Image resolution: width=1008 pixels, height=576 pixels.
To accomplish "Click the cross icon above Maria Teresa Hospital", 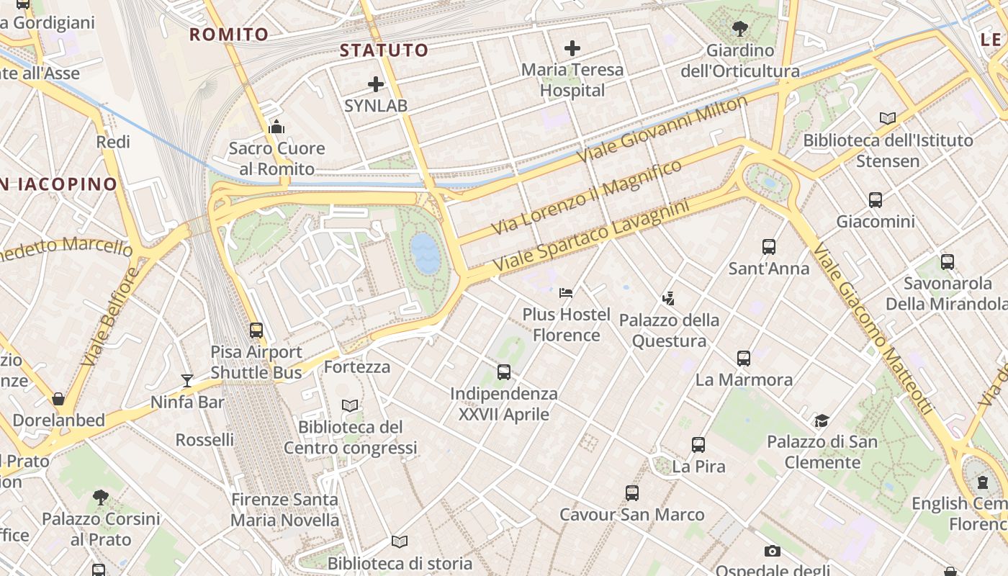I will (572, 48).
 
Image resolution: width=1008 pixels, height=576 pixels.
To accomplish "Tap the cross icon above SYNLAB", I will (376, 84).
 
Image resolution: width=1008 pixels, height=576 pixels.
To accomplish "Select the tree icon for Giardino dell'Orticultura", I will (739, 29).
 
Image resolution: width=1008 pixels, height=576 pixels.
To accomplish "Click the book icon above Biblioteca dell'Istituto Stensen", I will (888, 118).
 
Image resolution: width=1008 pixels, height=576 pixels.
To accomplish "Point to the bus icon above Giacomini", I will (876, 199).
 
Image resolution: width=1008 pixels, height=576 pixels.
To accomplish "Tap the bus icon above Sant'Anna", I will (769, 246).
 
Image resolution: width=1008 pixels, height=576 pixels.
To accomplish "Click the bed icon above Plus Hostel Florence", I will (566, 292).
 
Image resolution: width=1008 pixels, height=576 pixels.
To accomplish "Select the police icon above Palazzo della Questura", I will (669, 297).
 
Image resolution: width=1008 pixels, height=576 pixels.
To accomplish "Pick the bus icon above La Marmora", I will (744, 358).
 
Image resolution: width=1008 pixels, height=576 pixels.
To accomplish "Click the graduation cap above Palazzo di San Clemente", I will (822, 420).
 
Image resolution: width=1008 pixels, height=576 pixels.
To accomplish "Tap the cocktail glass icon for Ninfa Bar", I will (187, 380).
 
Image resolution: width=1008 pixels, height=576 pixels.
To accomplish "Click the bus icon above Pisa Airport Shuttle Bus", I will (256, 330).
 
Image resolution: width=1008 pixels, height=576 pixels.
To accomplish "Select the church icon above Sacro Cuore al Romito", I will (276, 127).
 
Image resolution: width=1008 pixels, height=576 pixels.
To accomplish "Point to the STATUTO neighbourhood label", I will (384, 50).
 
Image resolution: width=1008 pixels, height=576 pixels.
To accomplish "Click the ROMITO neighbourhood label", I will (228, 34).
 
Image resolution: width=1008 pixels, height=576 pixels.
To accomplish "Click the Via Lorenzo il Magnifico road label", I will (586, 198).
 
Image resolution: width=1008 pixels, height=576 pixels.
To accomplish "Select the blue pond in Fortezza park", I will (426, 253).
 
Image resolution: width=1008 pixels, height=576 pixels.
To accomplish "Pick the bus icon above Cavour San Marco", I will (632, 492).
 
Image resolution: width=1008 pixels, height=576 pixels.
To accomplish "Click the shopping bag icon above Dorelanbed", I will (58, 398).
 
